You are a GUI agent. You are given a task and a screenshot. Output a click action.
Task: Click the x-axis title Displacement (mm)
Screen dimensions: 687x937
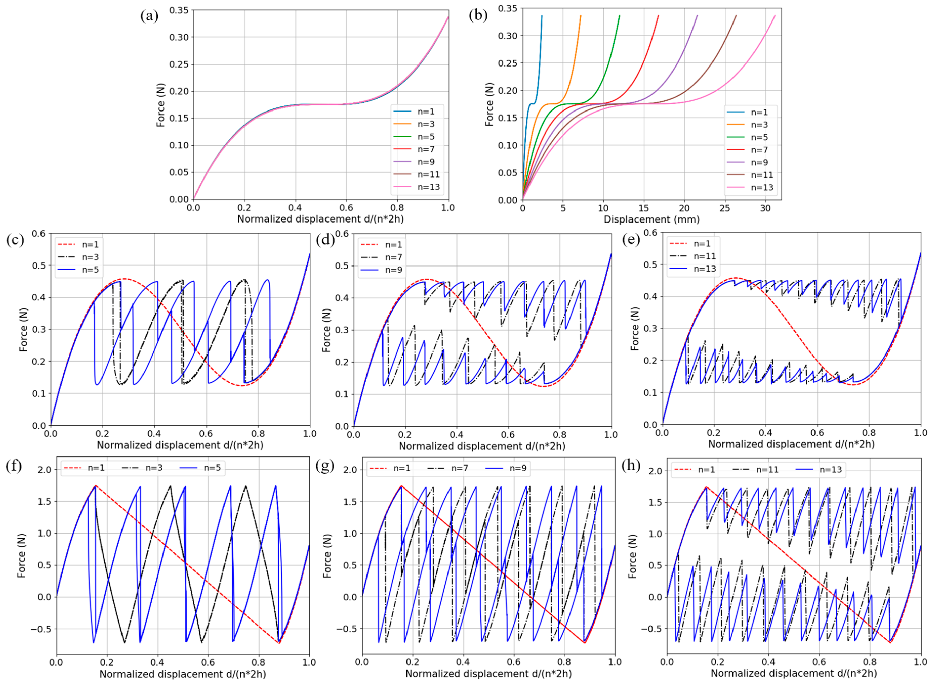pyautogui.click(x=651, y=219)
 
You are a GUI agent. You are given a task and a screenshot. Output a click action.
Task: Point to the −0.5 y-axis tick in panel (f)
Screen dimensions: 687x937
pyautogui.click(x=40, y=629)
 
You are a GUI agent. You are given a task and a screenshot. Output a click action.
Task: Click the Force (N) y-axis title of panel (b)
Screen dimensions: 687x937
pyautogui.click(x=490, y=104)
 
